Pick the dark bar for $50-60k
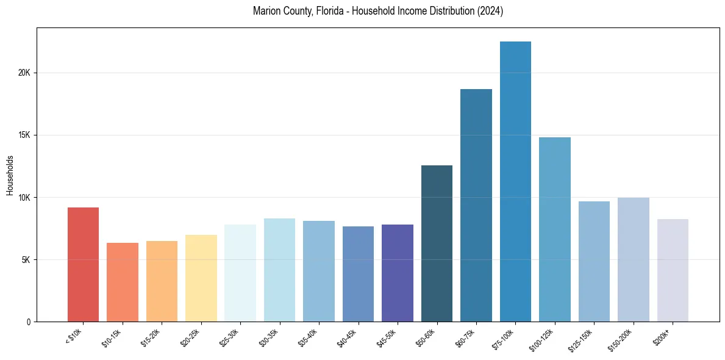click(x=437, y=243)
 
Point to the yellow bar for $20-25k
click(x=201, y=278)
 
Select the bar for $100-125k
click(x=554, y=229)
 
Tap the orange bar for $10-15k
click(x=122, y=282)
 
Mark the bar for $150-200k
click(x=633, y=259)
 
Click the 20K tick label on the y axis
click(x=24, y=73)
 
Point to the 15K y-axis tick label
click(x=24, y=135)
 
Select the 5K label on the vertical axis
click(x=26, y=259)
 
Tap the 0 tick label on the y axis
click(x=28, y=322)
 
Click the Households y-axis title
click(x=10, y=175)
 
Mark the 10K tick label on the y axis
click(x=24, y=197)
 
